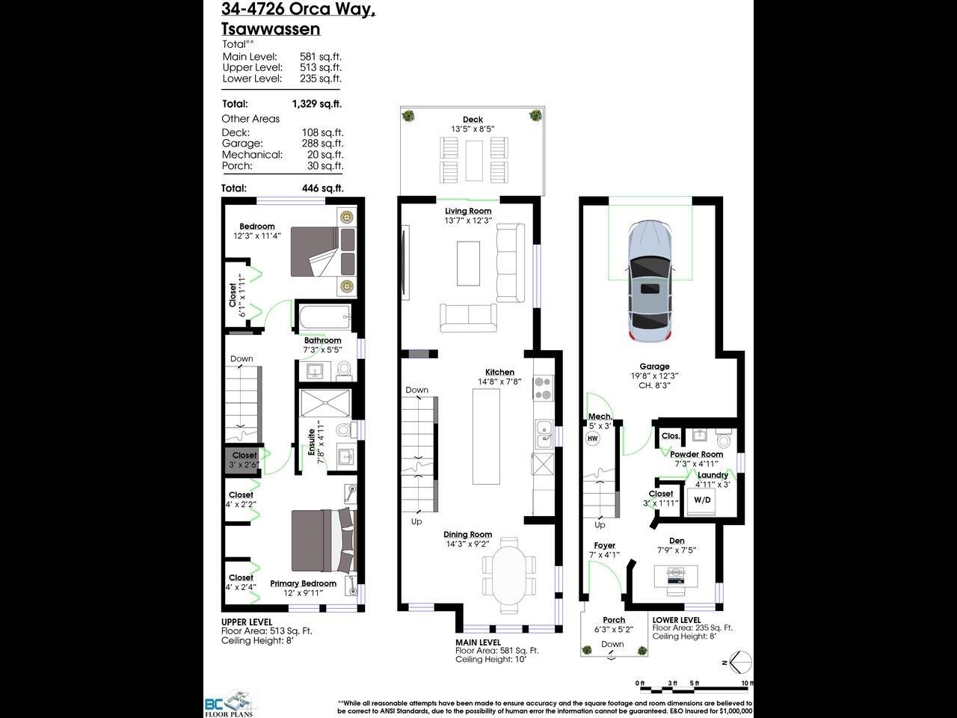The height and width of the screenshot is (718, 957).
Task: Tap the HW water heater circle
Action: [x=593, y=438]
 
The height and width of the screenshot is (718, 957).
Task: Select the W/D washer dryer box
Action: [x=702, y=500]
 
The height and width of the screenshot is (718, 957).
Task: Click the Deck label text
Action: [x=473, y=120]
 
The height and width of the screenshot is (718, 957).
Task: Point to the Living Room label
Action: [x=468, y=211]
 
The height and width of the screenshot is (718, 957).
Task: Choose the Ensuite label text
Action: [x=312, y=442]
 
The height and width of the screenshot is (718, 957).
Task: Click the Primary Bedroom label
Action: [x=303, y=583]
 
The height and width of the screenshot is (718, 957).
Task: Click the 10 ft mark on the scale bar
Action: [x=746, y=684]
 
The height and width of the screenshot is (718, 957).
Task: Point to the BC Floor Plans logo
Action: [x=229, y=703]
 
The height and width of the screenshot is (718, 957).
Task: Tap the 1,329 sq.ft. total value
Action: [x=316, y=104]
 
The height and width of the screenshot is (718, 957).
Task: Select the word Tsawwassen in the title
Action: [x=271, y=29]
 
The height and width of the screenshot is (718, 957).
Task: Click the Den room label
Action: [x=676, y=540]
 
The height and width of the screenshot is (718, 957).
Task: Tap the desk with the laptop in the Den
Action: [x=676, y=575]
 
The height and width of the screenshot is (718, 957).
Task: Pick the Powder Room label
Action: [x=696, y=454]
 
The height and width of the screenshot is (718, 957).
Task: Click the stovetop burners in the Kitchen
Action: [x=542, y=388]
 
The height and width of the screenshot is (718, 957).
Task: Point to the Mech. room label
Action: [x=600, y=417]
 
